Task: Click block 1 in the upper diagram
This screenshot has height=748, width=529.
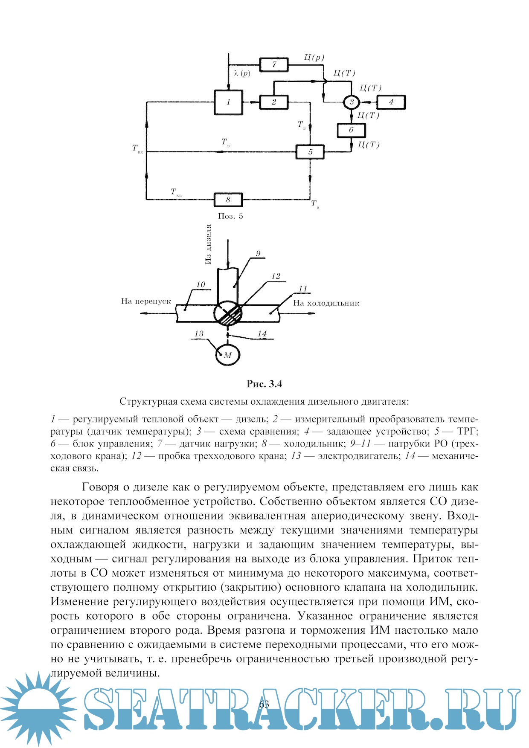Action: click(229, 102)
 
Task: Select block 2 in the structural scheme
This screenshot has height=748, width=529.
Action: click(274, 102)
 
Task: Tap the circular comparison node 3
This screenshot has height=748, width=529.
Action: click(352, 102)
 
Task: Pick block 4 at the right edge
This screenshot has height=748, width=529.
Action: click(391, 102)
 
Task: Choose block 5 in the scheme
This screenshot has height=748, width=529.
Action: click(310, 152)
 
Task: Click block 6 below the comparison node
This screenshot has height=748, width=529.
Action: click(351, 130)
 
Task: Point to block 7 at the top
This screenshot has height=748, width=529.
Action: click(274, 64)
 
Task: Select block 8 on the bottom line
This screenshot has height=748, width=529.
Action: click(228, 199)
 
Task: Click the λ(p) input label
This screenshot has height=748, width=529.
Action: click(242, 73)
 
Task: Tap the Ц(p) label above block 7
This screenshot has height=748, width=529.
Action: click(314, 58)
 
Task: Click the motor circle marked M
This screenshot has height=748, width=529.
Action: click(227, 355)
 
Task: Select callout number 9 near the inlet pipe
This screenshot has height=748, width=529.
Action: click(258, 254)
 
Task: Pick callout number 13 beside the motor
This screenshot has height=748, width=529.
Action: click(199, 333)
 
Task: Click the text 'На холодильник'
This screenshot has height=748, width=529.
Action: click(326, 303)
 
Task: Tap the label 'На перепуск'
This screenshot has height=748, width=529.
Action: click(146, 301)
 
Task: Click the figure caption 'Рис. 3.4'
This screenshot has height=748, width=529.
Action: click(264, 384)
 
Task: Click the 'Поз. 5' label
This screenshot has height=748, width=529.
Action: click(230, 216)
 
